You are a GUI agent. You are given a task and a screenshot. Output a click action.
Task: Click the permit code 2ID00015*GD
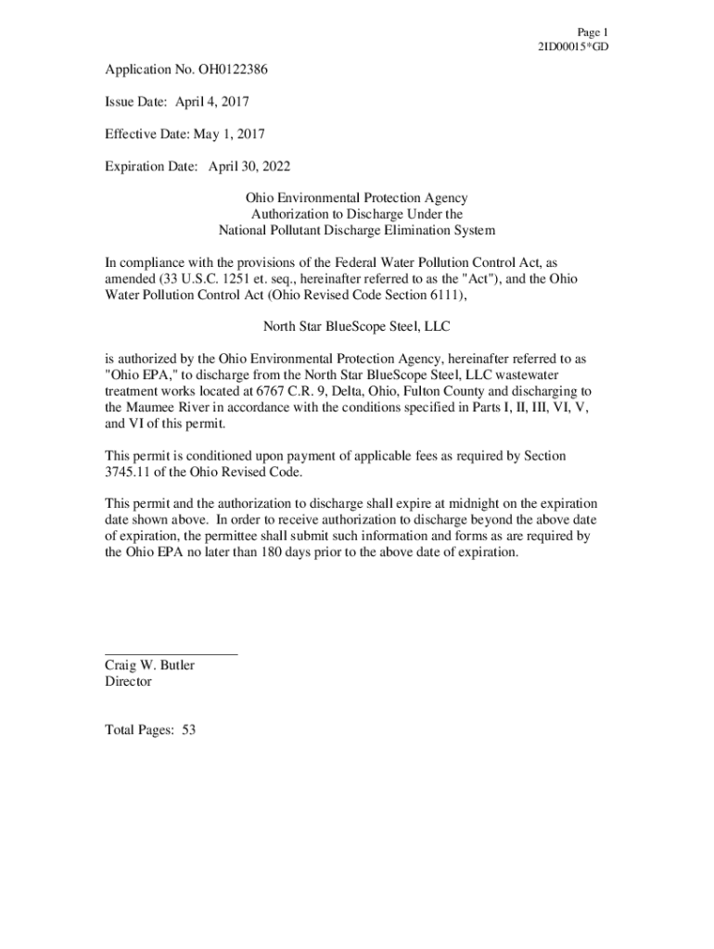572,46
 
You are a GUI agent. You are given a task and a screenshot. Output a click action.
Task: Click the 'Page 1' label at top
592,32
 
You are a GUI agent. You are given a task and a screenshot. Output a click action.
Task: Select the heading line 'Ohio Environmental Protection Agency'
356,198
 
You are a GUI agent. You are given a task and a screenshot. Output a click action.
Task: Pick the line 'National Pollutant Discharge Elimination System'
356,230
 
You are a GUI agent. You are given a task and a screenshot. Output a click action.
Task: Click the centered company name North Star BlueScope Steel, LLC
356,326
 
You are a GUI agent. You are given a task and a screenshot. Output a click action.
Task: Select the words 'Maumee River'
170,407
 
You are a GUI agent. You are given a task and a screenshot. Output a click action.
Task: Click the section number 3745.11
130,472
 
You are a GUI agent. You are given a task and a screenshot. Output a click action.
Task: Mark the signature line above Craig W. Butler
171,654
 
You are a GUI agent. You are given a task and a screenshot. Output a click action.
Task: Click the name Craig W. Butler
149,665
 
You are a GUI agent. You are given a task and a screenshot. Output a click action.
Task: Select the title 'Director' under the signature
128,681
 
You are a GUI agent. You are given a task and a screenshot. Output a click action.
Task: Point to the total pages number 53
188,730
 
